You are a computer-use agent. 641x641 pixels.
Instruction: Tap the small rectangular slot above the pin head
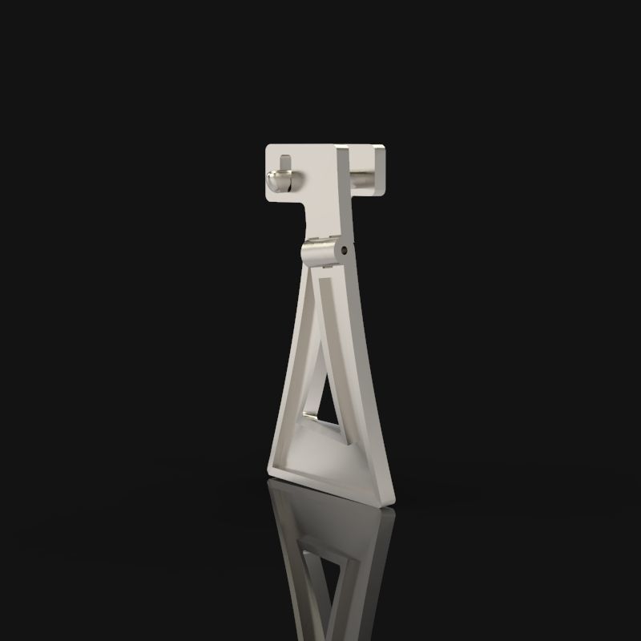(x=284, y=163)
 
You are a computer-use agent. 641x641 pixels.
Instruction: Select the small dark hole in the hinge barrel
(x=344, y=251)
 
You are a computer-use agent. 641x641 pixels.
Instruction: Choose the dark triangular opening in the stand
(x=324, y=405)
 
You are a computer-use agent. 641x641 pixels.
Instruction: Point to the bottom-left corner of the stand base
(x=269, y=471)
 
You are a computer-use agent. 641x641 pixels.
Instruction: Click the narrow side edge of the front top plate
(x=342, y=192)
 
